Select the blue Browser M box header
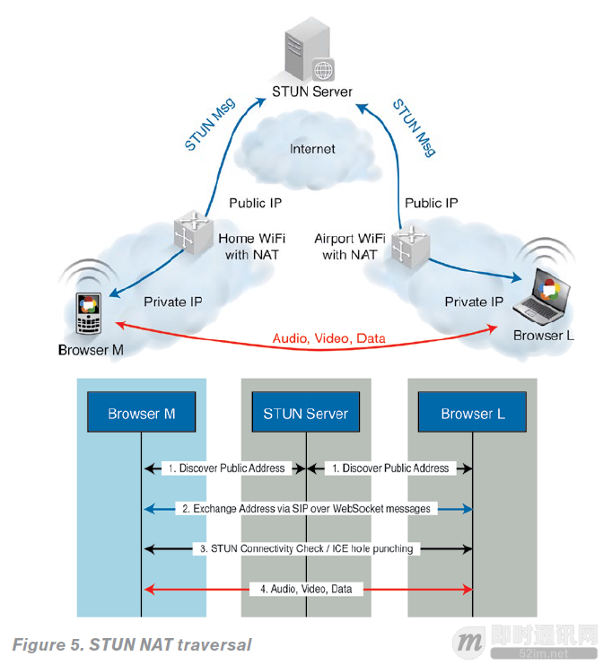pyautogui.click(x=141, y=414)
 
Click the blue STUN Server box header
pyautogui.click(x=306, y=414)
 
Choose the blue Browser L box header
pyautogui.click(x=472, y=414)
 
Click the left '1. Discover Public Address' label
pyautogui.click(x=225, y=468)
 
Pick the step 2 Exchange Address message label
pyautogui.click(x=306, y=509)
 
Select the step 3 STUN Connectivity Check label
pyautogui.click(x=306, y=548)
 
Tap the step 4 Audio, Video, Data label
pyautogui.click(x=306, y=589)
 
